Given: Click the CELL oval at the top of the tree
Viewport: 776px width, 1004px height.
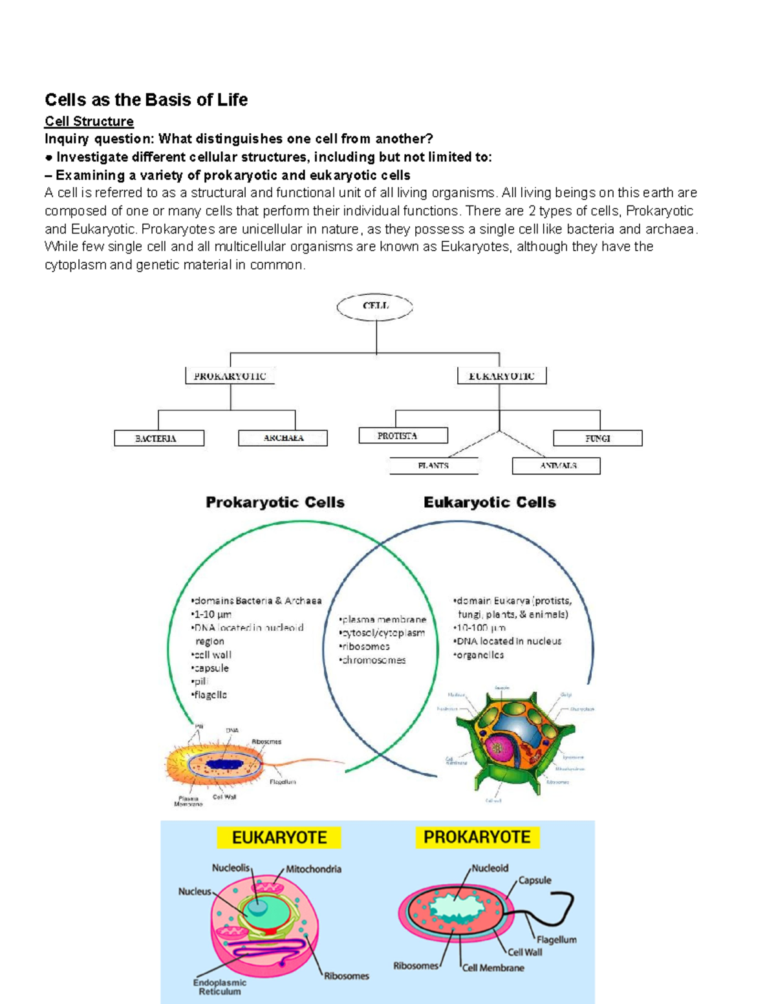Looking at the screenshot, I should [x=375, y=306].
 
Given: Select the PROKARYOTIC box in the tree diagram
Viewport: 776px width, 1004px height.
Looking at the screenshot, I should [x=230, y=376].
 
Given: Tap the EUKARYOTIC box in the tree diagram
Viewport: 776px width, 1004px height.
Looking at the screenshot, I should [x=502, y=376].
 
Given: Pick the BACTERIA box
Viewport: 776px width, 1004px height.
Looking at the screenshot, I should [x=159, y=438].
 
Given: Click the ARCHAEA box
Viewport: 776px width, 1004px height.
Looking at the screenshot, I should [x=283, y=438].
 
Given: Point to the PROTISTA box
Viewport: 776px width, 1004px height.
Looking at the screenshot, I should [x=403, y=436].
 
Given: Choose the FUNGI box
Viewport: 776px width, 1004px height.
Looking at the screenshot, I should [x=598, y=438].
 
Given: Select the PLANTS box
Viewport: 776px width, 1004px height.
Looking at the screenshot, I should [x=434, y=465].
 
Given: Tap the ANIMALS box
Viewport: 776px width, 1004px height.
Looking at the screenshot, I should [x=557, y=465].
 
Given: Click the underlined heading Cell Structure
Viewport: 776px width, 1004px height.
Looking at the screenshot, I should [x=89, y=122].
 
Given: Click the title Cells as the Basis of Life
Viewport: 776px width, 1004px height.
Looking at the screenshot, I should [x=146, y=100].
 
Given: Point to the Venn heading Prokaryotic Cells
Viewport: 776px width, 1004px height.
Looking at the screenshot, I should [x=275, y=502].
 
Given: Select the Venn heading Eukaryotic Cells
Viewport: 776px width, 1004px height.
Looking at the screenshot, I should [x=490, y=502].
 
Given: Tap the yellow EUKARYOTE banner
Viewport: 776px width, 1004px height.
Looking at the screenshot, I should [x=279, y=838].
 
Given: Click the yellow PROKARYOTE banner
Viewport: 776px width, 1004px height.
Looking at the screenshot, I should [x=477, y=837].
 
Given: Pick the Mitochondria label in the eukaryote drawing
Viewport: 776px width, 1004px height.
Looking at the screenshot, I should [x=314, y=870].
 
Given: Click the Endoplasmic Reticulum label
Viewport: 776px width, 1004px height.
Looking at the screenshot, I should [x=220, y=987].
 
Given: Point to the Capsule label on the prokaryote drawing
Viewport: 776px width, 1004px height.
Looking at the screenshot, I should [x=535, y=881].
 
